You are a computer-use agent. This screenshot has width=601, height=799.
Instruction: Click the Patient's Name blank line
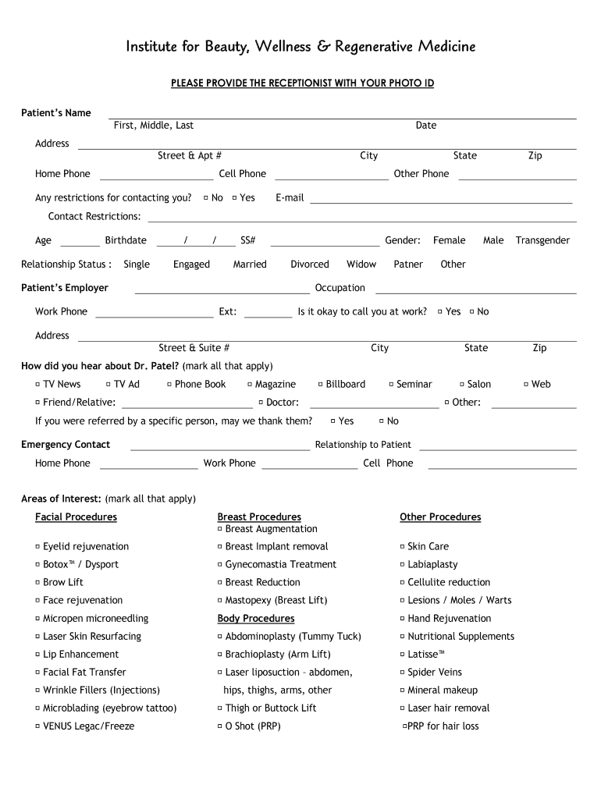[x=342, y=117]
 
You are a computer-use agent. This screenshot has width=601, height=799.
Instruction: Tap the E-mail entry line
[x=441, y=201]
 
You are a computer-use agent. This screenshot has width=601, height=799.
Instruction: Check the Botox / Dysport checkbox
[x=37, y=565]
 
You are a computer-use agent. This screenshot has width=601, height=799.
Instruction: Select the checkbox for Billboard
[x=320, y=384]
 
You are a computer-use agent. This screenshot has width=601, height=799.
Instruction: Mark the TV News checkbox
[x=37, y=384]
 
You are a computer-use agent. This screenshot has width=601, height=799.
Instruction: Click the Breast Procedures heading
[x=259, y=517]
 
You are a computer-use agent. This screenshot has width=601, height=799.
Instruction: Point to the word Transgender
[x=542, y=240]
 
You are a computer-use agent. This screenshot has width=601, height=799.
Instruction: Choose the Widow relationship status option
[x=361, y=265]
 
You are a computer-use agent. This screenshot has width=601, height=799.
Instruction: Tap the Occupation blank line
[x=476, y=292]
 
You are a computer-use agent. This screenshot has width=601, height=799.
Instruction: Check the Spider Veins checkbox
[x=402, y=673]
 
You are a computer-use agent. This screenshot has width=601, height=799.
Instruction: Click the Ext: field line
[x=268, y=316]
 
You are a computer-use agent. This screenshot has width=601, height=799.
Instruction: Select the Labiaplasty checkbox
[x=402, y=565]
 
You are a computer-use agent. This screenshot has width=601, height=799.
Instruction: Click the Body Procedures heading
[x=256, y=619]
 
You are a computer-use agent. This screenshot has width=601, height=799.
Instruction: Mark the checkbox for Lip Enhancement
[x=37, y=655]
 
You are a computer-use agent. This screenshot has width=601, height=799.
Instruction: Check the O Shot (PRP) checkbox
[x=219, y=726]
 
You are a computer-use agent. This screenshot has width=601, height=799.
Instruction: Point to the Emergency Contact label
[x=66, y=445]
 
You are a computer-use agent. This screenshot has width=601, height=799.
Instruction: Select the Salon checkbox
[x=462, y=384]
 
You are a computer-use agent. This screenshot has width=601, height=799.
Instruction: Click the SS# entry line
[x=324, y=244]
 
